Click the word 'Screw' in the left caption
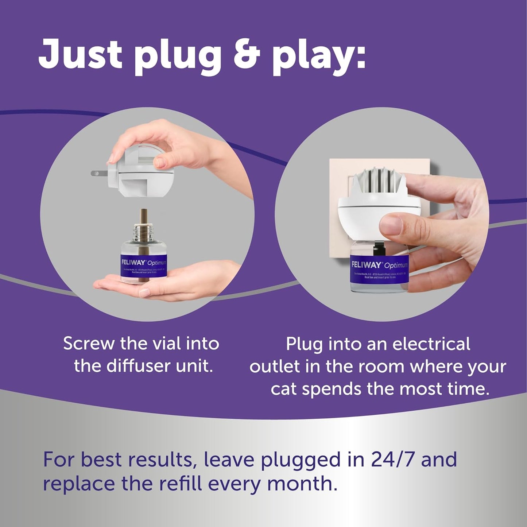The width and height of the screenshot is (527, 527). click(x=89, y=344)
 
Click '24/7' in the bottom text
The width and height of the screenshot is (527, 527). click(x=393, y=459)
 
